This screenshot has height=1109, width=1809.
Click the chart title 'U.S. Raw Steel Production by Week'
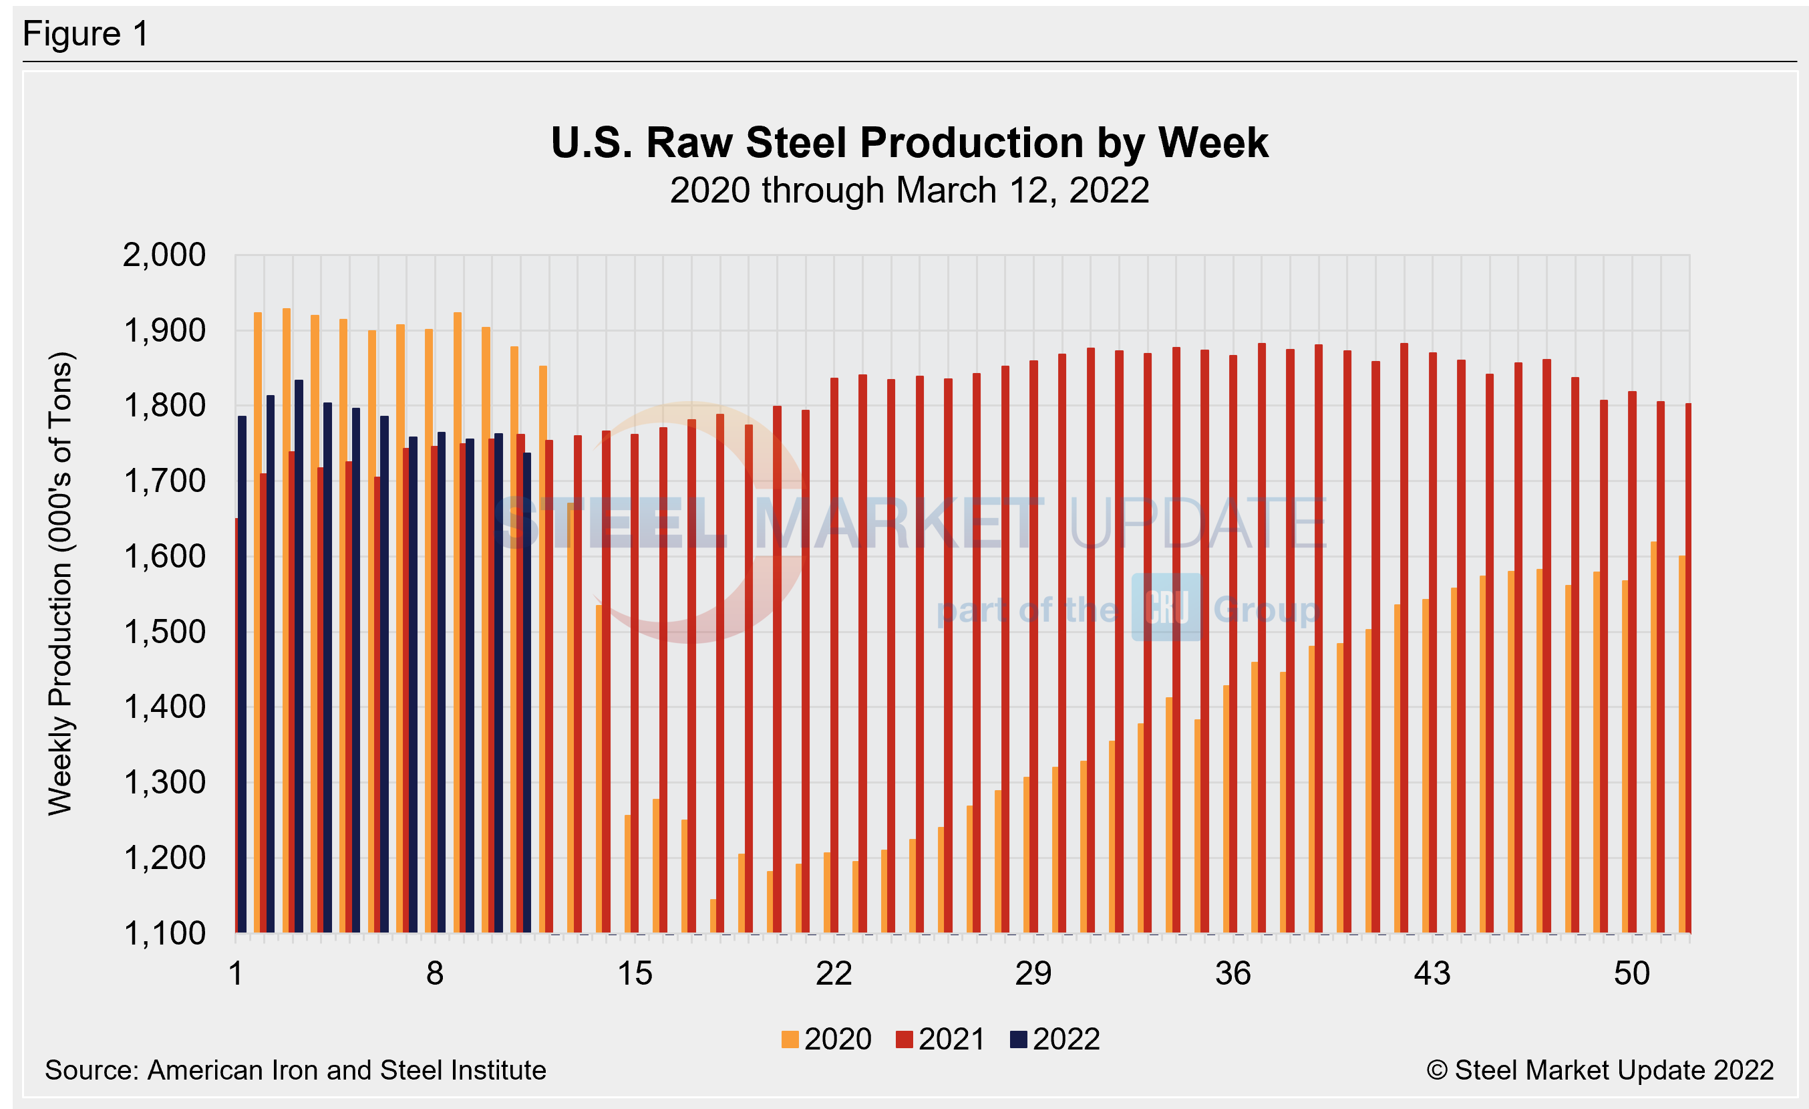tap(909, 142)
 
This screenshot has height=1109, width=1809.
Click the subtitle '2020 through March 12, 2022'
tap(909, 191)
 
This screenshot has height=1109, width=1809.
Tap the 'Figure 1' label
tap(86, 34)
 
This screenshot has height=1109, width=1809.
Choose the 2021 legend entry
tap(941, 1039)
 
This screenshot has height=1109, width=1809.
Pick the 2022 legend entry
tap(1055, 1039)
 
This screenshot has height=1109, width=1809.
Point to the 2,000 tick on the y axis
tap(164, 255)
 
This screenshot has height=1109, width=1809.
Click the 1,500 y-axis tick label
tap(164, 632)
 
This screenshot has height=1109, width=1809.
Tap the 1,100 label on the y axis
tap(164, 933)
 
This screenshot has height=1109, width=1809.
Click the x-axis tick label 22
tap(833, 974)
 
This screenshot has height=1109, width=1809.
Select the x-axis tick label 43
tap(1432, 974)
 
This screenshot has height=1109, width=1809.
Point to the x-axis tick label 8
tap(435, 974)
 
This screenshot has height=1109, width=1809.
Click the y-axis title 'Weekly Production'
tap(60, 584)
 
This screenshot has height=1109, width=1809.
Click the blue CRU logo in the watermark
tap(1166, 608)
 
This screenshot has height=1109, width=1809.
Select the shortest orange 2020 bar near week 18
tap(713, 916)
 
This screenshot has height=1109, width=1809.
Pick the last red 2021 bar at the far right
tap(1688, 668)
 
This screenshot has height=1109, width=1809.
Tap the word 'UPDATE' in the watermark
tap(1196, 523)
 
